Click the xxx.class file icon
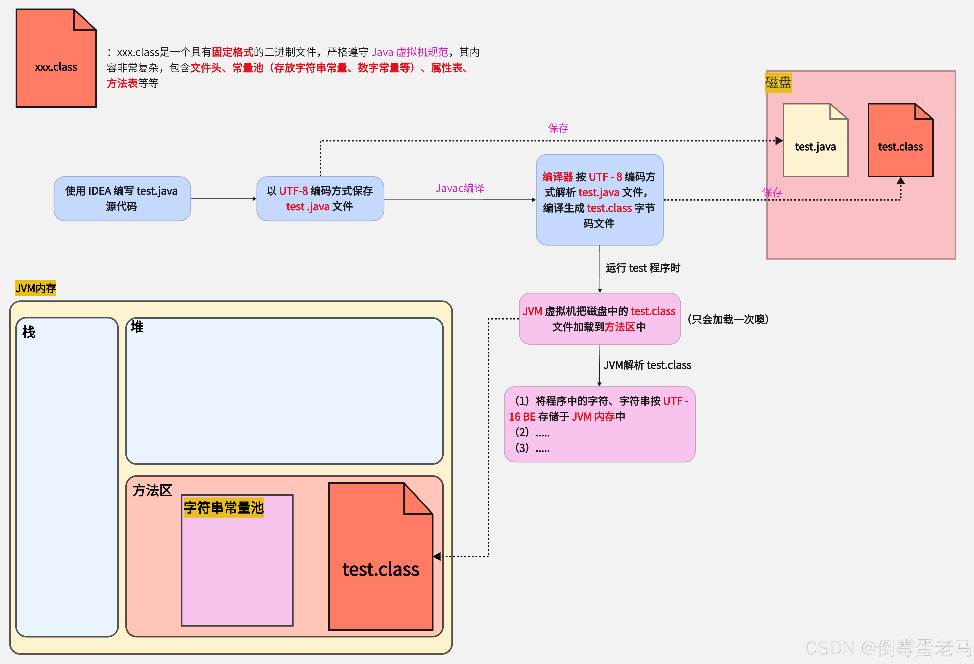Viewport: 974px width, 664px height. pos(56,59)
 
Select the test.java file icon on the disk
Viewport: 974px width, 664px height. pos(815,140)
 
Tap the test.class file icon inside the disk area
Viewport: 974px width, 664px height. pos(900,140)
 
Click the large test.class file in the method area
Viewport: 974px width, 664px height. pos(380,557)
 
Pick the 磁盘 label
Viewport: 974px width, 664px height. pos(778,83)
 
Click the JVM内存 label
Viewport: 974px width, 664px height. pos(36,288)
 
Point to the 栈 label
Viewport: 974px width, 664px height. pos(29,332)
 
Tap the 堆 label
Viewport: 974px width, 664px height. pos(137,327)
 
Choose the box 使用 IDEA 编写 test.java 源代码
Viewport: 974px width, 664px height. pos(122,198)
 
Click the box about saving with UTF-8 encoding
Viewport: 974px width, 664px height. pos(320,198)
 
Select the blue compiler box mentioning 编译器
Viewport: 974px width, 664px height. pos(599,200)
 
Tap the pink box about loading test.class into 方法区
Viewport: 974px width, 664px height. pos(599,319)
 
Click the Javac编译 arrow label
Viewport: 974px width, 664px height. pos(460,188)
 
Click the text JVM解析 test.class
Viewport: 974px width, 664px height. pos(647,365)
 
